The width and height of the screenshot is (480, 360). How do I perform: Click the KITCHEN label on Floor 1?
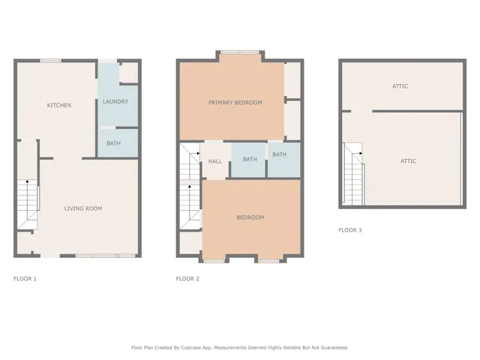[x=59, y=105]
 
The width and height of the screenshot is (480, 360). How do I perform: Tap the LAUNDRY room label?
[x=115, y=101]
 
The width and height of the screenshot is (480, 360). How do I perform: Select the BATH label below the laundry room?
[x=113, y=142]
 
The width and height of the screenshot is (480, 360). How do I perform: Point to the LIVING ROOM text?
[x=82, y=208]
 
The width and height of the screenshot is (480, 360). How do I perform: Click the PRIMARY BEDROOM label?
[x=235, y=102]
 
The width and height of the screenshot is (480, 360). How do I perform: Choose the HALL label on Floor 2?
[x=214, y=160]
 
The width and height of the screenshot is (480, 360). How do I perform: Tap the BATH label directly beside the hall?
[x=250, y=159]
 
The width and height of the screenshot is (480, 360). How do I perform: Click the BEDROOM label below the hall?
[x=250, y=217]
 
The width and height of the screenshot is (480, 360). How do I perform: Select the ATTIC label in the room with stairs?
[x=408, y=160]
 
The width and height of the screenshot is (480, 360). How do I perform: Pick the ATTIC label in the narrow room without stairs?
[x=400, y=86]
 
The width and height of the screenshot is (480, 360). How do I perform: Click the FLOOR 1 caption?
[x=25, y=279]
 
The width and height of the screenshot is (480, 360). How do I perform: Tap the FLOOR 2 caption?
[x=187, y=279]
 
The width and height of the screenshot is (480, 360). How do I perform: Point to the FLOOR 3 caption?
[x=349, y=230]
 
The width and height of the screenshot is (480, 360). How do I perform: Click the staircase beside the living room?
[x=28, y=202]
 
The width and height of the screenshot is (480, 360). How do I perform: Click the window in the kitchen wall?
[x=51, y=61]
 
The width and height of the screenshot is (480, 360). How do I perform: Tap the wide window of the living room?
[x=97, y=256]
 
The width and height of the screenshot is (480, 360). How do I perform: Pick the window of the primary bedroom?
[x=239, y=52]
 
